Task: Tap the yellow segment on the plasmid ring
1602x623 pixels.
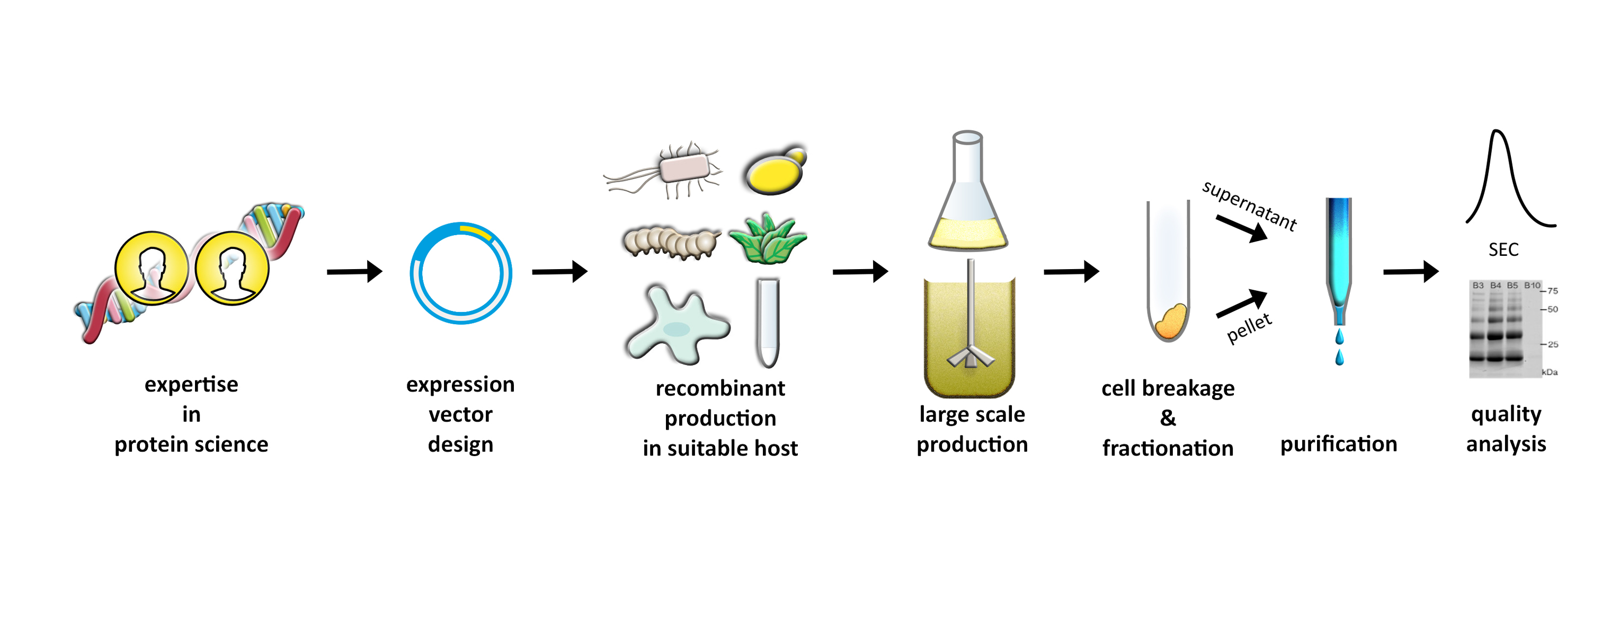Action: pos(476,232)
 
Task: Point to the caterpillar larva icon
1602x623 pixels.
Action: pos(670,243)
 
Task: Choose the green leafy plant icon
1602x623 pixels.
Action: pos(768,239)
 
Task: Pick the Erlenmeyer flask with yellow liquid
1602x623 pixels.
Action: pos(968,199)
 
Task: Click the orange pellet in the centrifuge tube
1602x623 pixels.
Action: pos(1170,322)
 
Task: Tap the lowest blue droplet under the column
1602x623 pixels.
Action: pos(1339,358)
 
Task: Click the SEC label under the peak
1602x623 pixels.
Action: pos(1503,250)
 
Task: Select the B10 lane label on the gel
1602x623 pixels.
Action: pos(1532,286)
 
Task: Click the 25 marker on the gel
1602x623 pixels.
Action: pos(1552,344)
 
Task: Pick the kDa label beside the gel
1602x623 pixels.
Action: pos(1549,372)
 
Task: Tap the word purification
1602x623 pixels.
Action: pos(1338,444)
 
